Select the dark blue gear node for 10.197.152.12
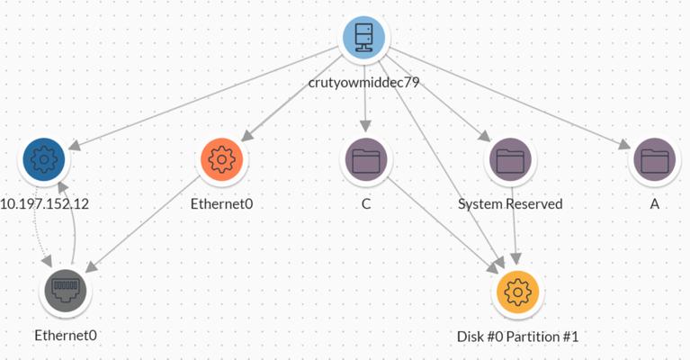[x=44, y=160]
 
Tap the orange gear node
[x=221, y=160]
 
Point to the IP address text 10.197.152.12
[x=44, y=204]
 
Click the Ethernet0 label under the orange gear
[x=221, y=204]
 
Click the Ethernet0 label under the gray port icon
[x=65, y=335]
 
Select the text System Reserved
[x=510, y=204]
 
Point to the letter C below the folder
[x=366, y=204]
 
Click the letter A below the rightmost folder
[x=655, y=204]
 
